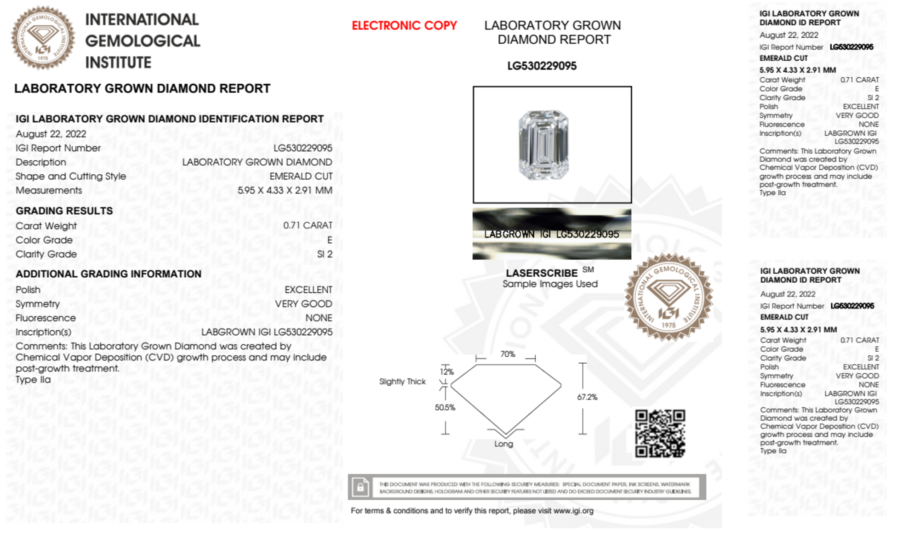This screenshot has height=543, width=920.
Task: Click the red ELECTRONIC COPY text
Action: [404, 26]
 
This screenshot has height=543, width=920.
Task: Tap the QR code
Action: [660, 434]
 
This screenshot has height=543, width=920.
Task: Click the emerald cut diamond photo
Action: [543, 145]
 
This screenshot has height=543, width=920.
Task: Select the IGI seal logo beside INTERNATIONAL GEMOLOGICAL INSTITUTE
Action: [43, 38]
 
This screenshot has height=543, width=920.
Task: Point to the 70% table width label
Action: [508, 354]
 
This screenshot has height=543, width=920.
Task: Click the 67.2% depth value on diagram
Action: [587, 397]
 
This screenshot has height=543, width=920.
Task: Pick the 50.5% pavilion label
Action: [445, 407]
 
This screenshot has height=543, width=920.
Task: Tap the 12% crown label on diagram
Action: [446, 372]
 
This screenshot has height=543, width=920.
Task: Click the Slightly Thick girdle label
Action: [402, 382]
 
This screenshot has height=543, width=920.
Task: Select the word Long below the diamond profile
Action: [503, 444]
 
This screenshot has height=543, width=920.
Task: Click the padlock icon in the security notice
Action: [360, 486]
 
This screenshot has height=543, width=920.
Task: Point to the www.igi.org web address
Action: [573, 511]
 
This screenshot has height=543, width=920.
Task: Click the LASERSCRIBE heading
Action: [542, 273]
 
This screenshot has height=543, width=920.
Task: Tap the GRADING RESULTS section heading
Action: [64, 211]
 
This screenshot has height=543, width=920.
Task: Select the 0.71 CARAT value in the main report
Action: [308, 225]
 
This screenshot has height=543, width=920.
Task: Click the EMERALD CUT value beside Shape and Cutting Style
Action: [301, 176]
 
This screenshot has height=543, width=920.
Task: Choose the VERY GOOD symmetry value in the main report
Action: [303, 304]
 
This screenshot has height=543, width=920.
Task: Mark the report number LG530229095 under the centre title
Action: [542, 66]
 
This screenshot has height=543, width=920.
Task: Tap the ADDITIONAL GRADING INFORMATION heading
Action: [109, 274]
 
